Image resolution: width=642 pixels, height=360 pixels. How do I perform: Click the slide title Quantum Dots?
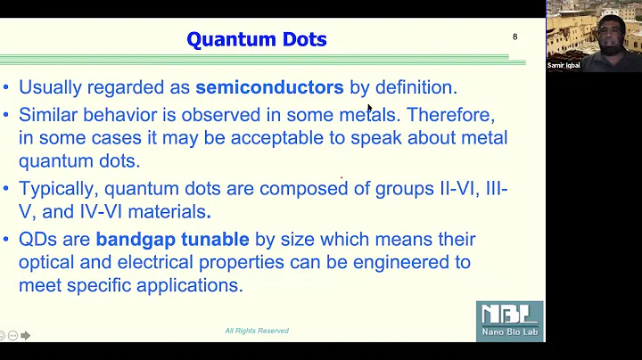(x=256, y=39)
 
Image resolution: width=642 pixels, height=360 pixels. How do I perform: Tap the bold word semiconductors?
(x=269, y=87)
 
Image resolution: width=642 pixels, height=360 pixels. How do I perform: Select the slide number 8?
(x=514, y=37)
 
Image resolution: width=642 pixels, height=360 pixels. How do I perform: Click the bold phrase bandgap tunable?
(x=173, y=239)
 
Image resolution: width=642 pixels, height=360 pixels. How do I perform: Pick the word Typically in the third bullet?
(x=58, y=188)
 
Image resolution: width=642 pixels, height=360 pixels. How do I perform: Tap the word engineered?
(x=404, y=262)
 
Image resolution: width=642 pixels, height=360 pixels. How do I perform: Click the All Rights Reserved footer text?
(x=257, y=331)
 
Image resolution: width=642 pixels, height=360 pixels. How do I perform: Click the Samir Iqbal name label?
(x=564, y=65)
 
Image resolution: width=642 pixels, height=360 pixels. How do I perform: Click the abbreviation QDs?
(x=38, y=239)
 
